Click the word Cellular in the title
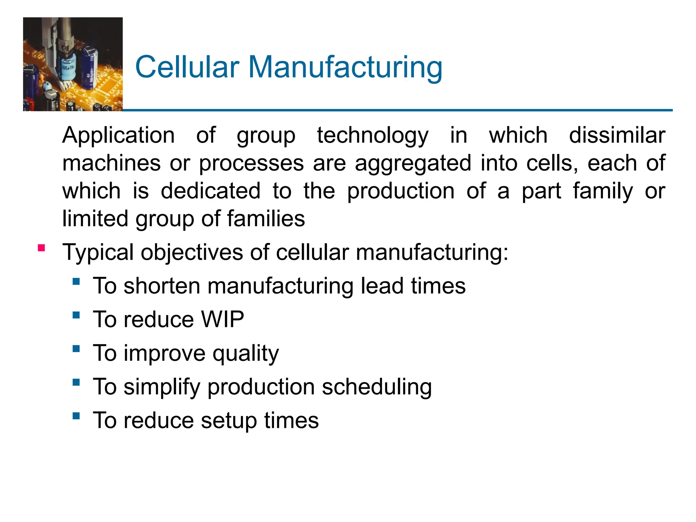187,67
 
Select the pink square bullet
41,248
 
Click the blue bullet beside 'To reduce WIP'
76,315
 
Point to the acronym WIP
223,319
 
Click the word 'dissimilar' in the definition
617,135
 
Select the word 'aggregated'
413,164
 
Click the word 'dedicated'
211,191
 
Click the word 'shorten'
162,286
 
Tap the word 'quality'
246,354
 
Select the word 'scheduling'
377,387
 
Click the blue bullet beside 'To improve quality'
76,349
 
